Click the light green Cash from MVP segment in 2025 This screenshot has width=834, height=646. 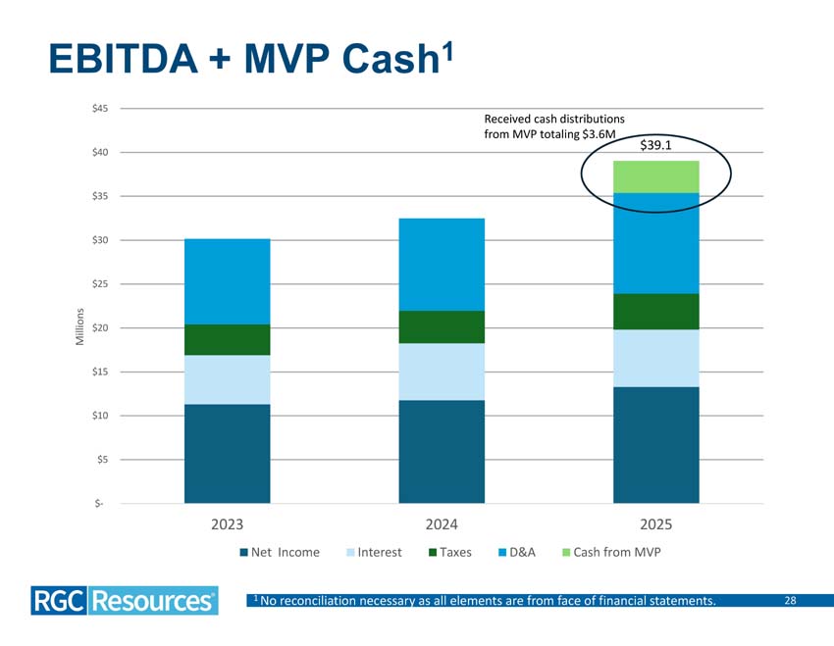tap(655, 176)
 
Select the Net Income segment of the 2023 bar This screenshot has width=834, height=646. tap(227, 454)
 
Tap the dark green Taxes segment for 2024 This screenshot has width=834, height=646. tap(442, 326)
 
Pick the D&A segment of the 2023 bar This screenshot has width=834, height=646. tap(227, 281)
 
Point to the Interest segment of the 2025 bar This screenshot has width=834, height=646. tap(655, 358)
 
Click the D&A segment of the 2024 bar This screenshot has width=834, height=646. tap(442, 265)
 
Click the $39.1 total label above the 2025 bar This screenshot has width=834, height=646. tap(655, 145)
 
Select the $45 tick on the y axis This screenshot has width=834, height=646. tap(100, 109)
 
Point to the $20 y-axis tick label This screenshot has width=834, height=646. tap(100, 327)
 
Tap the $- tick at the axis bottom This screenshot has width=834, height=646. tap(99, 503)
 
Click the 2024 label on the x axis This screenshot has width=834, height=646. tap(442, 524)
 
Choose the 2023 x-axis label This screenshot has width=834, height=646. tap(227, 524)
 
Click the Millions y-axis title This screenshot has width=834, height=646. tap(80, 326)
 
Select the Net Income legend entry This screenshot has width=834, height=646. tap(280, 553)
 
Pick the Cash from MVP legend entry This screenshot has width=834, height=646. tap(611, 553)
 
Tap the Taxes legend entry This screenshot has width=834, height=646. tap(450, 553)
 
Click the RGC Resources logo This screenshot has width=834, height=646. tap(125, 601)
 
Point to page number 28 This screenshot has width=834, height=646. tap(791, 600)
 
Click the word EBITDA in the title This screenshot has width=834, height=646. tap(124, 59)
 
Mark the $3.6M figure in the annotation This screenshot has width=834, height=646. tap(599, 134)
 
